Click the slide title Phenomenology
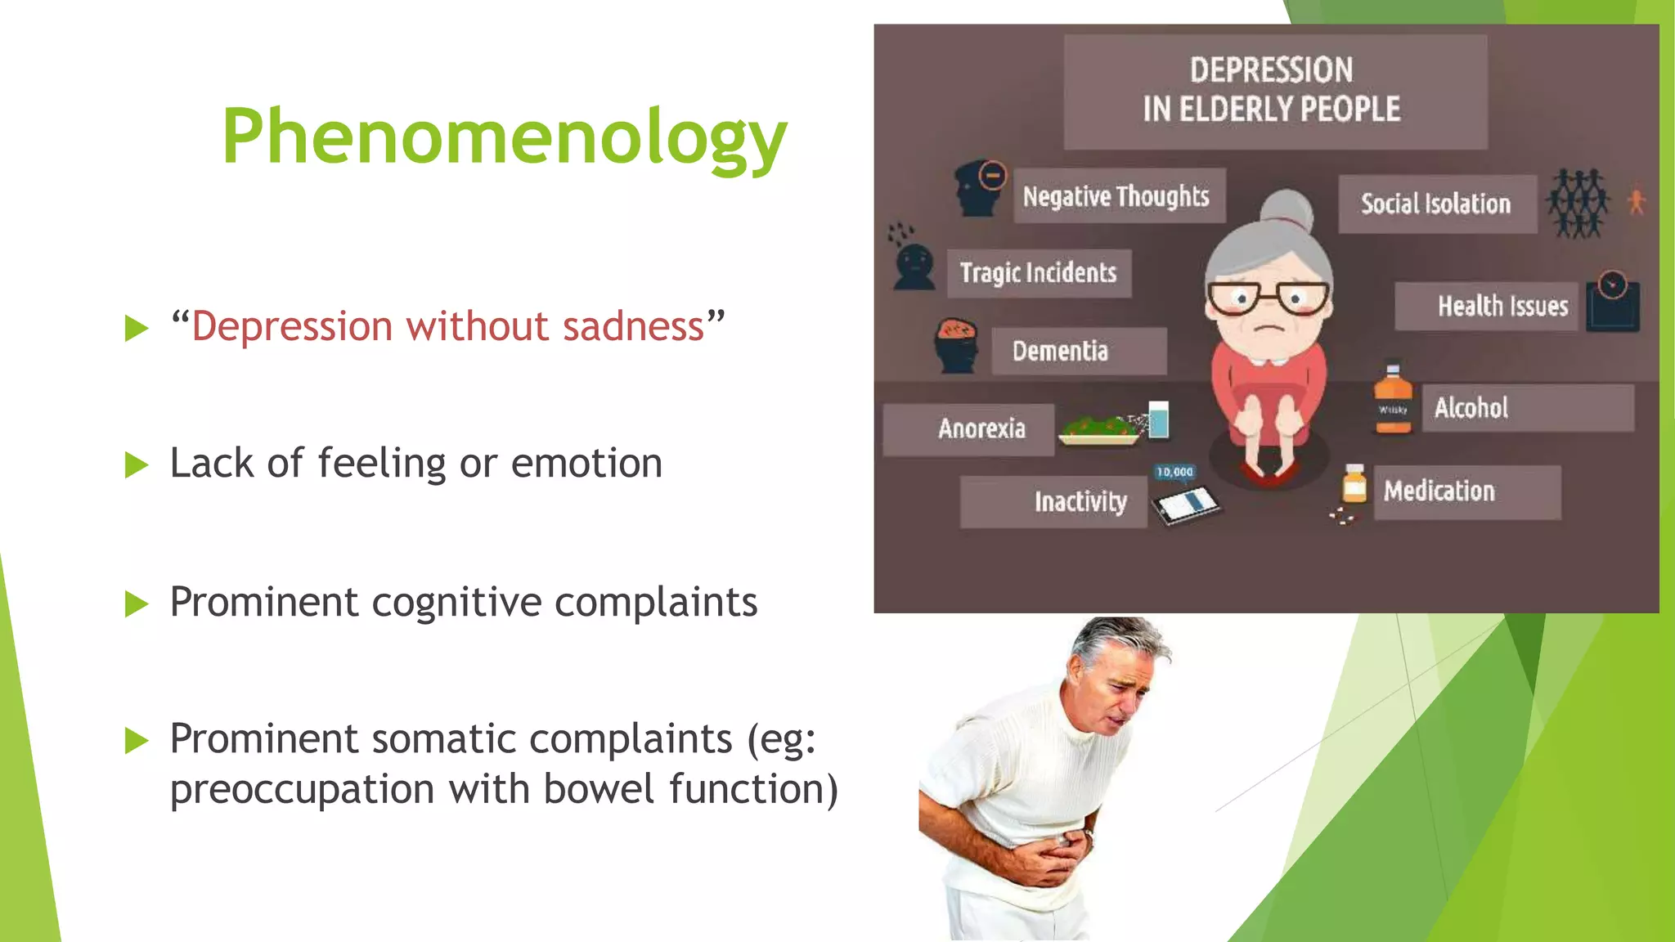[x=504, y=137]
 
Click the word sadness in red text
[x=632, y=326]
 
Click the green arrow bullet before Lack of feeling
[x=137, y=465]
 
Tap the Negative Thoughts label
[x=1117, y=196]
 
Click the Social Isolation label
[x=1435, y=204]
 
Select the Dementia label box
[x=1078, y=352]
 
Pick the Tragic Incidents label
[x=1039, y=273]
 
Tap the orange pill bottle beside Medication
[x=1354, y=485]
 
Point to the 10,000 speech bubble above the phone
[x=1174, y=472]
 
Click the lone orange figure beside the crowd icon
[x=1636, y=202]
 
